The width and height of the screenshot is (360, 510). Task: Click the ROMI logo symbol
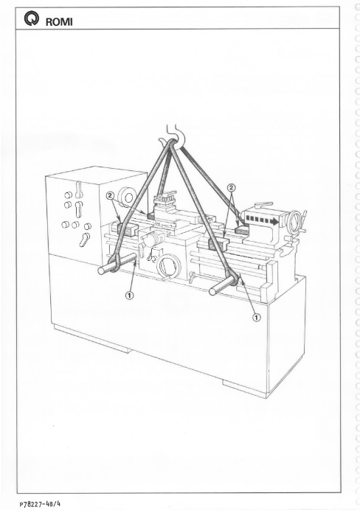coord(30,19)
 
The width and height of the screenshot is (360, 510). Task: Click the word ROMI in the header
coord(59,22)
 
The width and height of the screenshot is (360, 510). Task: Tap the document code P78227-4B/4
coord(40,504)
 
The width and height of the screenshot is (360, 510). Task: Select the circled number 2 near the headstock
coord(111,195)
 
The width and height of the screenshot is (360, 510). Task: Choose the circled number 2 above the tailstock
coord(232,188)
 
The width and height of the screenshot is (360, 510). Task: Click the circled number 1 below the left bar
coord(130,296)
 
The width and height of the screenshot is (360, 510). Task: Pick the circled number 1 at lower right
coord(257,317)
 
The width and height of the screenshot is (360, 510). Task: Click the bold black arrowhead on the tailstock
coord(276,222)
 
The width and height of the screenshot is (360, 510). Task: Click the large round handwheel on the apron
coord(167,266)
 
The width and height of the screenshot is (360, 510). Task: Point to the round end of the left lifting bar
coord(103,271)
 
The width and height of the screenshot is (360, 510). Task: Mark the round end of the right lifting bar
coord(213,291)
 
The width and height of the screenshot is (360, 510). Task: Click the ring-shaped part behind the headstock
coord(128,197)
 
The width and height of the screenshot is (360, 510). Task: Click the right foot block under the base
coord(245,388)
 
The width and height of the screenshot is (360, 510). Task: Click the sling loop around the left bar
coord(114,264)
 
